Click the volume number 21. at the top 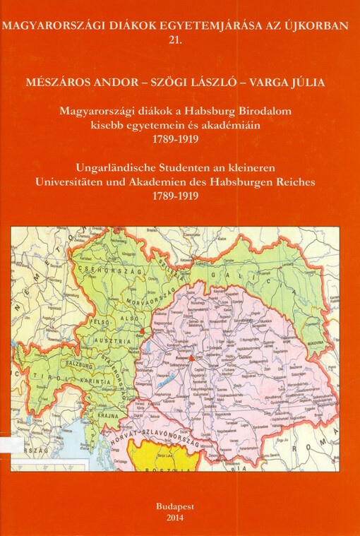(x=179, y=42)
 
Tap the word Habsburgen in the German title (x=253, y=181)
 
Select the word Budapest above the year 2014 (x=180, y=506)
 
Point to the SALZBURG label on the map (x=79, y=367)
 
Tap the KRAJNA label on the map (x=107, y=417)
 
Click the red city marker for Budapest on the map (x=191, y=358)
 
